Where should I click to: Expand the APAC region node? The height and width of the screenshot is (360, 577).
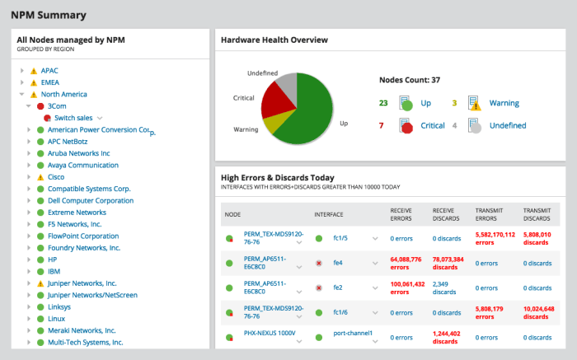click(x=21, y=71)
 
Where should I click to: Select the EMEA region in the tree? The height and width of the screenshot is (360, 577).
click(x=50, y=82)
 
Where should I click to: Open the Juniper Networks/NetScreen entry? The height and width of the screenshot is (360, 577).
click(x=91, y=294)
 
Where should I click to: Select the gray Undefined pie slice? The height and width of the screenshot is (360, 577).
click(x=286, y=83)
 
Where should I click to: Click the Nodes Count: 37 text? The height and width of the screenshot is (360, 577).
click(x=410, y=81)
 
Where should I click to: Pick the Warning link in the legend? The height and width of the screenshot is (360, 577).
click(x=504, y=103)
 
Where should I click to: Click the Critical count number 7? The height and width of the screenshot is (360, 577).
click(x=382, y=125)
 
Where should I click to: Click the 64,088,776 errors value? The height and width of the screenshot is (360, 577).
click(x=406, y=263)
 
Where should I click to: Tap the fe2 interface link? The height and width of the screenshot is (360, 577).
click(x=338, y=288)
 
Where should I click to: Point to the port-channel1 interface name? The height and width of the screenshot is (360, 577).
click(x=353, y=334)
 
